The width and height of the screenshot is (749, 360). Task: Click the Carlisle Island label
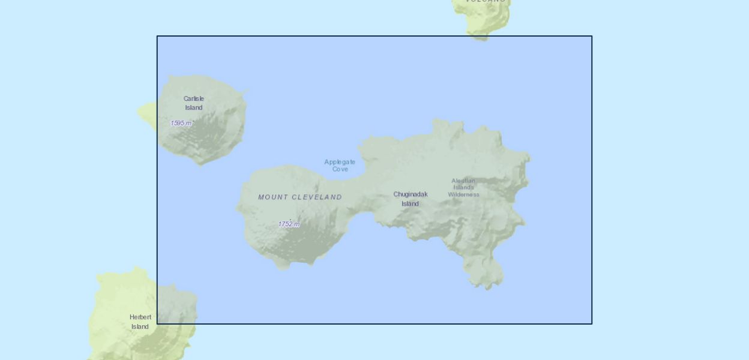tap(194, 103)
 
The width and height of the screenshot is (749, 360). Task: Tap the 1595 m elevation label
tap(181, 123)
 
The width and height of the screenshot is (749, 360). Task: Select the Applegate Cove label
tap(340, 166)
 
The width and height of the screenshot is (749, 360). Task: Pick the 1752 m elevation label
tap(289, 224)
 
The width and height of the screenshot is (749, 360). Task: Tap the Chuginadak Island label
tap(411, 199)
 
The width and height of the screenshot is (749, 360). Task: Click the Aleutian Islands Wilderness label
tap(463, 187)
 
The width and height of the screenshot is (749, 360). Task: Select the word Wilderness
tap(463, 194)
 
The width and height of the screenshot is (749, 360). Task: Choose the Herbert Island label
tap(140, 322)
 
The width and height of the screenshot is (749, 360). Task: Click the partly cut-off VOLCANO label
tap(486, 2)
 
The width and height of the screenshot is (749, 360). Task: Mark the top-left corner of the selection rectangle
tap(157, 36)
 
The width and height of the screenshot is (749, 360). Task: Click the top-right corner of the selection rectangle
tap(592, 36)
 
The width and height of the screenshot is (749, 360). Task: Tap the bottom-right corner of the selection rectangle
tap(592, 324)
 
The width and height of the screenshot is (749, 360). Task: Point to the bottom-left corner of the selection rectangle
tap(157, 324)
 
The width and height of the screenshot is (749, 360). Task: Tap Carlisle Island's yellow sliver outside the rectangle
tap(148, 112)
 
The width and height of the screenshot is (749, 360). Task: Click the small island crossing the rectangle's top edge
tap(483, 24)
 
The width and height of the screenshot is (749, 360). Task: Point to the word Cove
tap(340, 169)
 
